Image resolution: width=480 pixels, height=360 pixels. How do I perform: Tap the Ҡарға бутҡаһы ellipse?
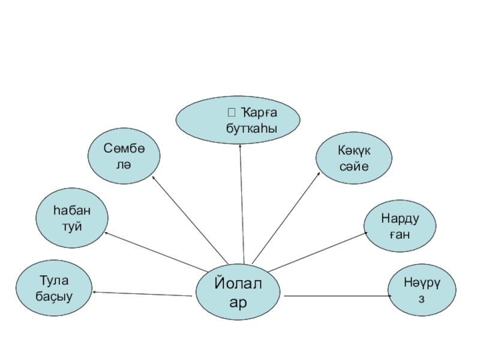click(241, 120)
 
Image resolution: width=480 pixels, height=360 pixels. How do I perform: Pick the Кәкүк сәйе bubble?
click(354, 158)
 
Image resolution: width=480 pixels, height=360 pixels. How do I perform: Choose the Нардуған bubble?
click(400, 226)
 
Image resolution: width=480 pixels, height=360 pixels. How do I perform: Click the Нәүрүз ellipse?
click(421, 292)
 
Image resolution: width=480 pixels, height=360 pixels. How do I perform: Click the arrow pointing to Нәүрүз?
click(336, 296)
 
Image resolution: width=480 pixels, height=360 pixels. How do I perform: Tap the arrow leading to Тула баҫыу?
click(141, 293)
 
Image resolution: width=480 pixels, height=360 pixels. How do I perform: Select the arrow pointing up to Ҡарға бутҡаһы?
click(242, 204)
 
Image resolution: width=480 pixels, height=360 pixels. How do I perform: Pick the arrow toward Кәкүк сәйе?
click(287, 217)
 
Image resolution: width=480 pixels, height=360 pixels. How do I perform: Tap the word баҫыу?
click(55, 296)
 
